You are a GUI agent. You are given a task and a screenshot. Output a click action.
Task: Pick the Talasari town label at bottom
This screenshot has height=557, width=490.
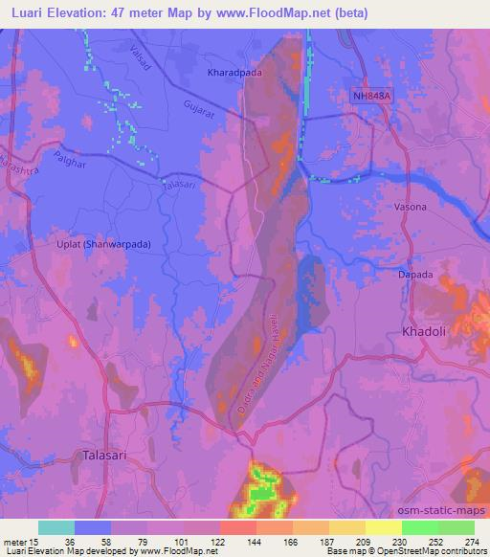click(105, 456)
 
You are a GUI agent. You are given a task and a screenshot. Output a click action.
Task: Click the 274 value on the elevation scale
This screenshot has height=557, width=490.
click(472, 542)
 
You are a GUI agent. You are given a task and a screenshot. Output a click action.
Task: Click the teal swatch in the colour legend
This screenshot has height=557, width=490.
click(56, 527)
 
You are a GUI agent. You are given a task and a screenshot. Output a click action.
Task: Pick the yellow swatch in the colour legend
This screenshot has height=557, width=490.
click(383, 527)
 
